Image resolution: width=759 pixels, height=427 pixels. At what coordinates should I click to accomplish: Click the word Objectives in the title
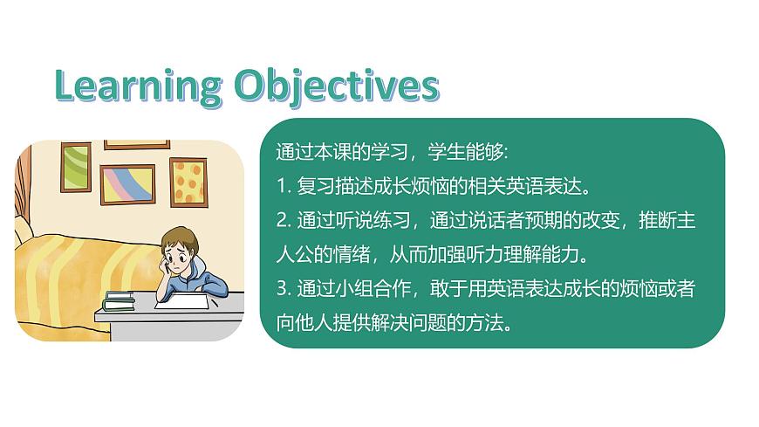336,86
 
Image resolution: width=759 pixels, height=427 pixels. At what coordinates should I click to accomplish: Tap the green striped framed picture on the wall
76,165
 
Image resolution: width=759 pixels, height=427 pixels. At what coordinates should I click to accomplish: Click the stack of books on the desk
119,301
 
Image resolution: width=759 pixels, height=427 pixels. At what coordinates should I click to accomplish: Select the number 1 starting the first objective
279,186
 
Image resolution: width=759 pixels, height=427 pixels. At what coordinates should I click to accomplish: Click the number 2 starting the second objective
279,221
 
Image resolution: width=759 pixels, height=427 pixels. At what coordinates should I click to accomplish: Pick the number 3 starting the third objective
279,289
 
